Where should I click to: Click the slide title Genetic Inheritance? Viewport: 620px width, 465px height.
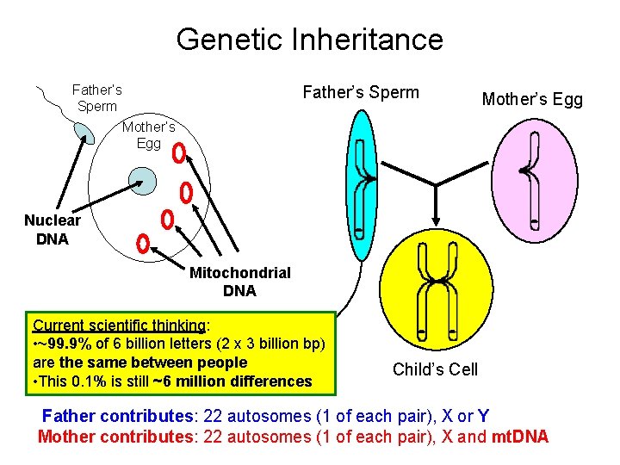click(310, 40)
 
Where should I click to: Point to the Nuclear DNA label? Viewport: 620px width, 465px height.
click(53, 230)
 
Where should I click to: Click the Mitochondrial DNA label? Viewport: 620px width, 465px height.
click(239, 282)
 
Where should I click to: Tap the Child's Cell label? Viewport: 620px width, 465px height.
click(435, 369)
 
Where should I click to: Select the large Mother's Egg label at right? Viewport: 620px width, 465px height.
click(532, 100)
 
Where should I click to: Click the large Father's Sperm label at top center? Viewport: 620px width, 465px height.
click(361, 92)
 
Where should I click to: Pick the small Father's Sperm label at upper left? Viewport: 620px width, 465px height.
click(96, 97)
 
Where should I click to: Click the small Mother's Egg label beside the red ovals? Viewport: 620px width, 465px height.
click(148, 135)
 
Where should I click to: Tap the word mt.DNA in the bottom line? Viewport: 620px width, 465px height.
click(519, 437)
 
